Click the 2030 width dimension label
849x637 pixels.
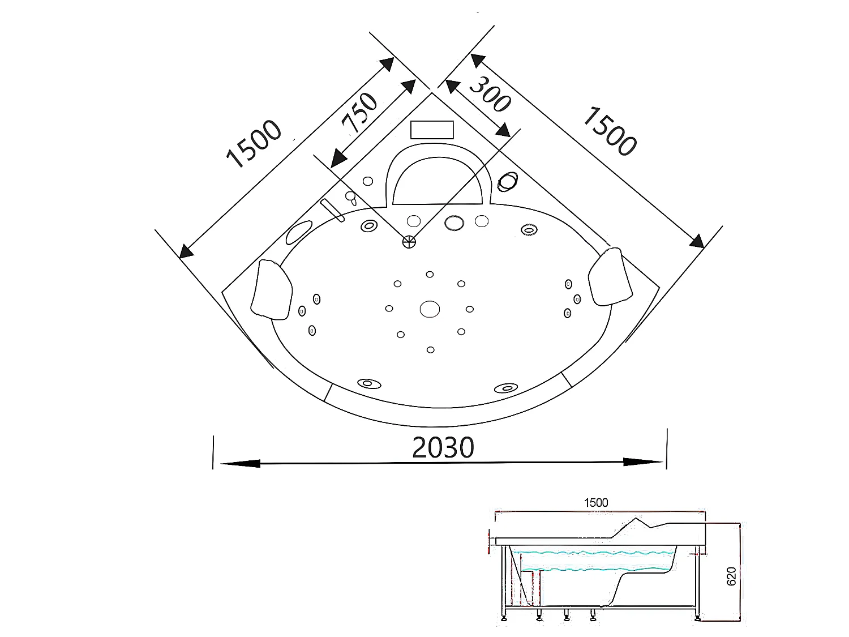coord(443,447)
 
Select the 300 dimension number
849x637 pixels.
coord(490,94)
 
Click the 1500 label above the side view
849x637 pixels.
coord(595,503)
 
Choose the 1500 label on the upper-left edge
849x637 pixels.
coord(253,145)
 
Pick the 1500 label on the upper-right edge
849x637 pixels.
coord(609,131)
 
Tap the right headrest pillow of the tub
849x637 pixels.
coord(610,276)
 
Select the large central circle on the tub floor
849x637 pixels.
coord(430,309)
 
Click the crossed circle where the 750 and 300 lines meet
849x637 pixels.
coord(409,242)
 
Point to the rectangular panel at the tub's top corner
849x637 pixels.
coord(432,130)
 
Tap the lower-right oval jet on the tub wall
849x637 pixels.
coord(505,388)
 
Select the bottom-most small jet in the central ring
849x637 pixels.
coord(431,350)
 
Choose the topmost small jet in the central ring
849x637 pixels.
coord(430,275)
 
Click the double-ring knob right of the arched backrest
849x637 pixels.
coord(507,181)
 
